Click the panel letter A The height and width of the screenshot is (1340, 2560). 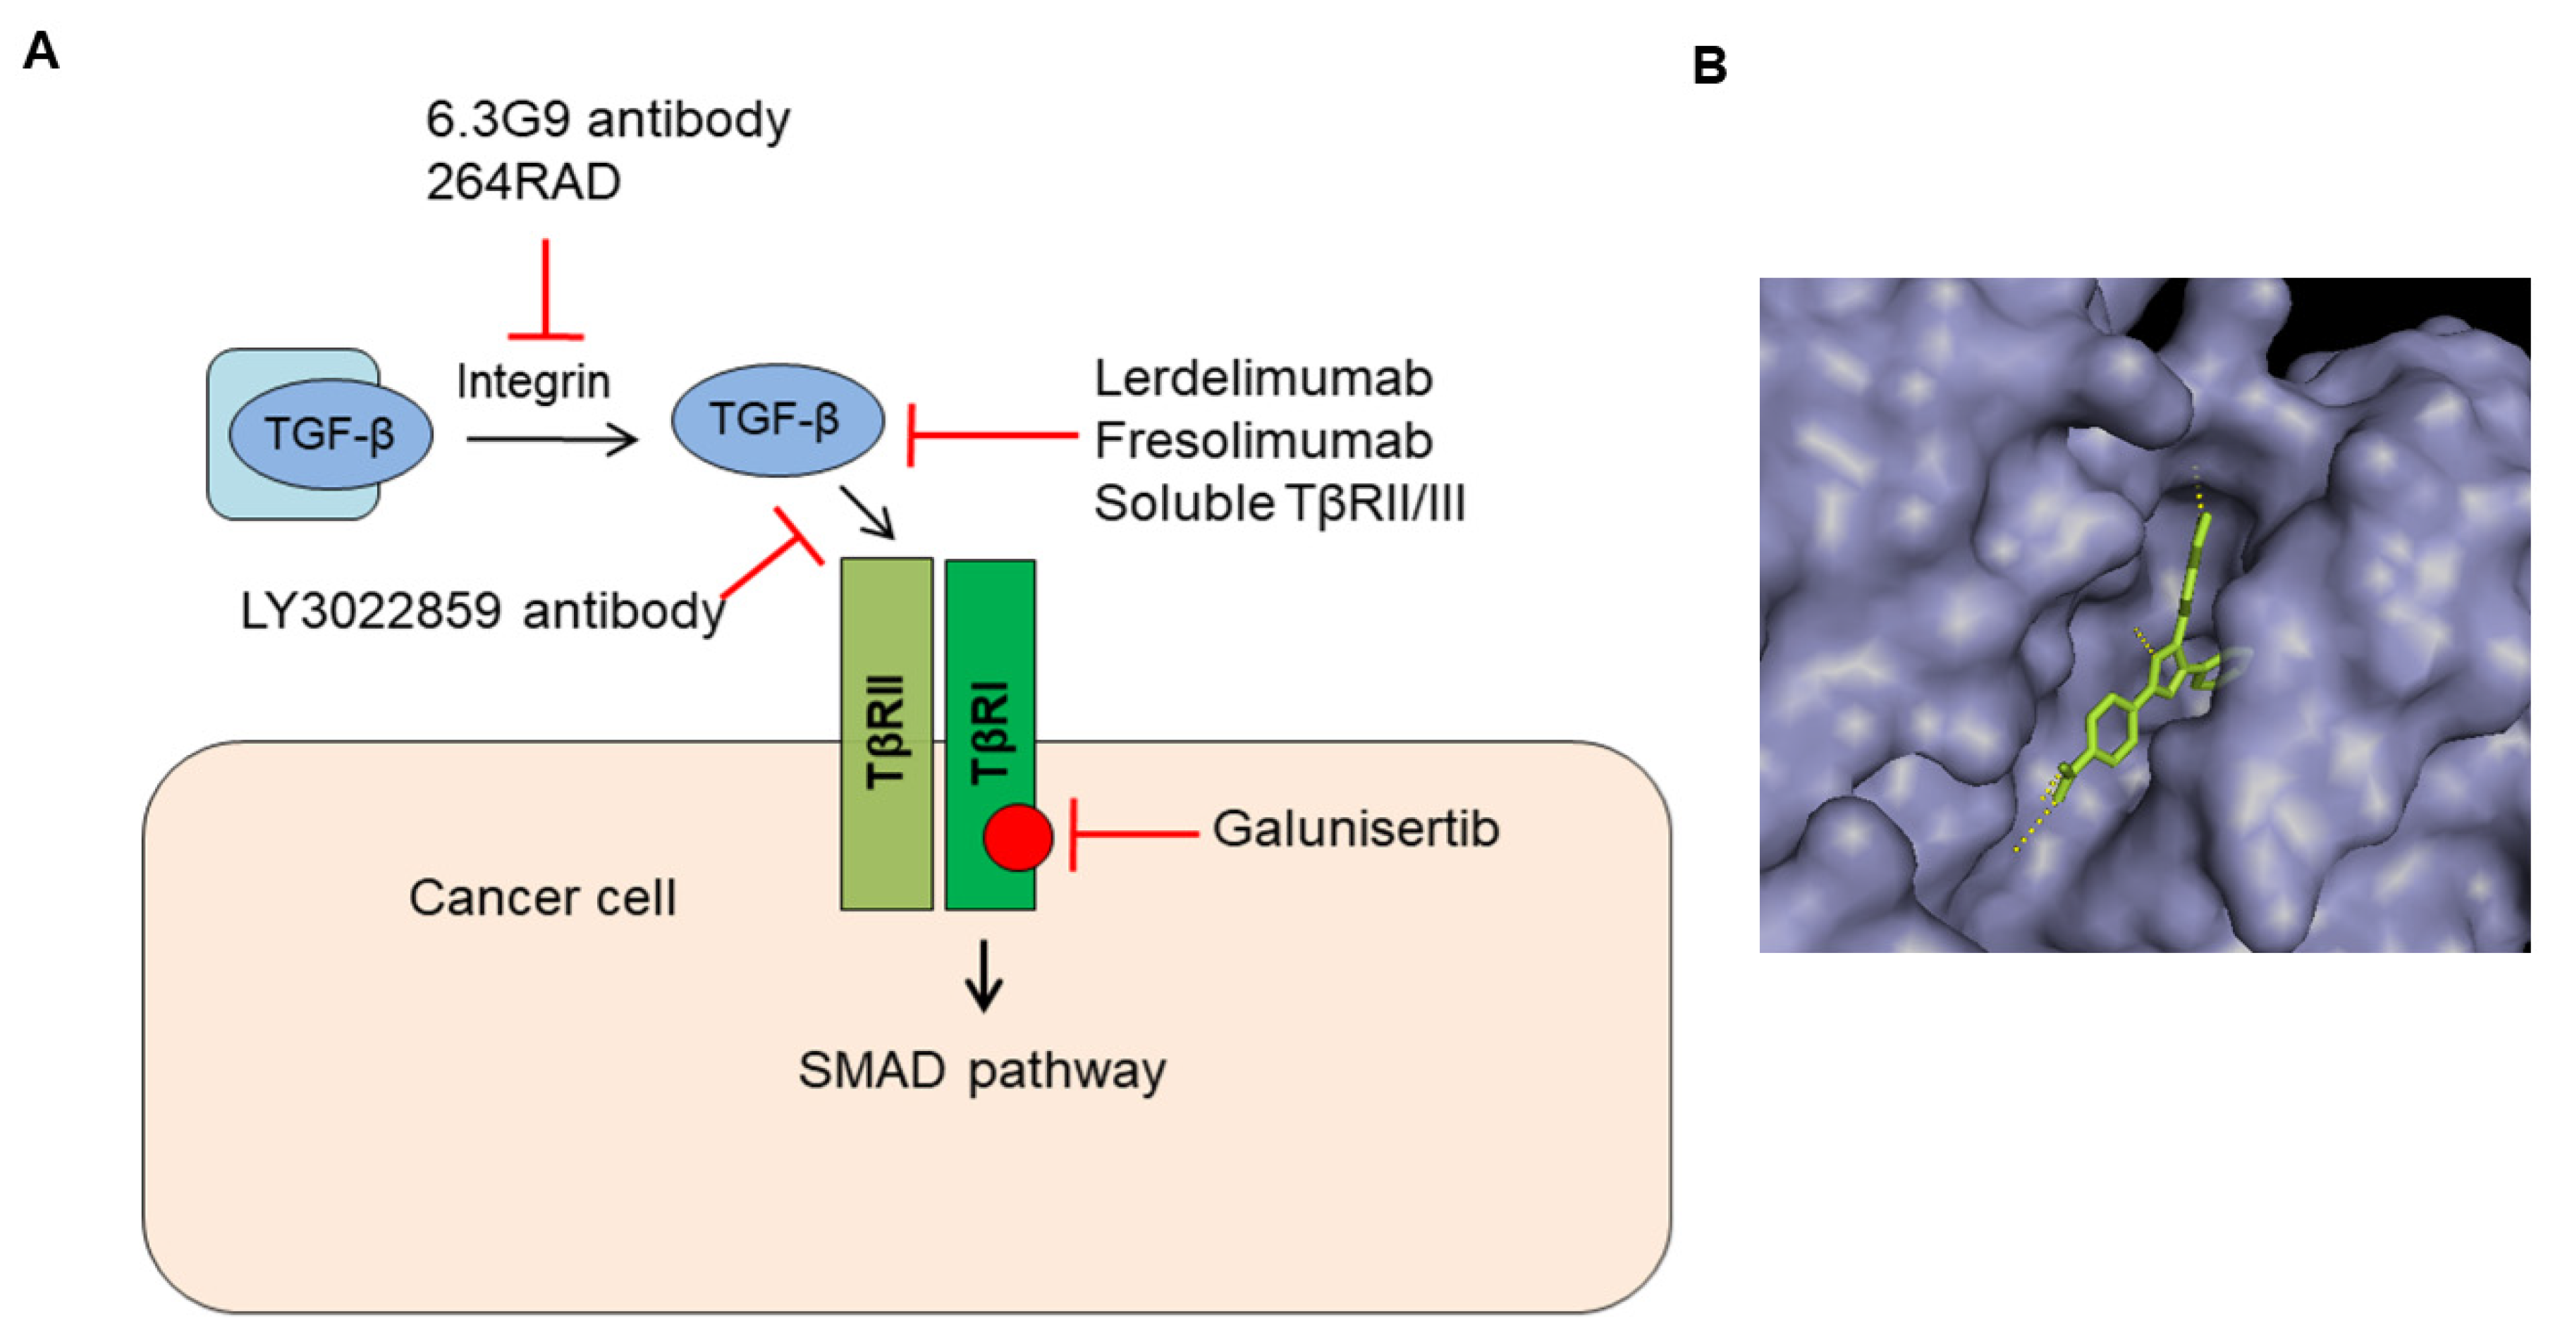point(41,51)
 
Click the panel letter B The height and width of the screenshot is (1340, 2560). point(1708,66)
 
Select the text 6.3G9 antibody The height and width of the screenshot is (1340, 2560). point(607,121)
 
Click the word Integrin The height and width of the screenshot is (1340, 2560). point(533,381)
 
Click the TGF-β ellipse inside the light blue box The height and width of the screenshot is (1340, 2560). point(330,434)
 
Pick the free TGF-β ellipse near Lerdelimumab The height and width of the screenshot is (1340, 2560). point(777,419)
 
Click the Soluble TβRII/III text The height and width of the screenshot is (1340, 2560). point(1279,503)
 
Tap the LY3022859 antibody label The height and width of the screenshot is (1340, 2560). point(482,610)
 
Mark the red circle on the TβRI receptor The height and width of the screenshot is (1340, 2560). point(1017,837)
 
